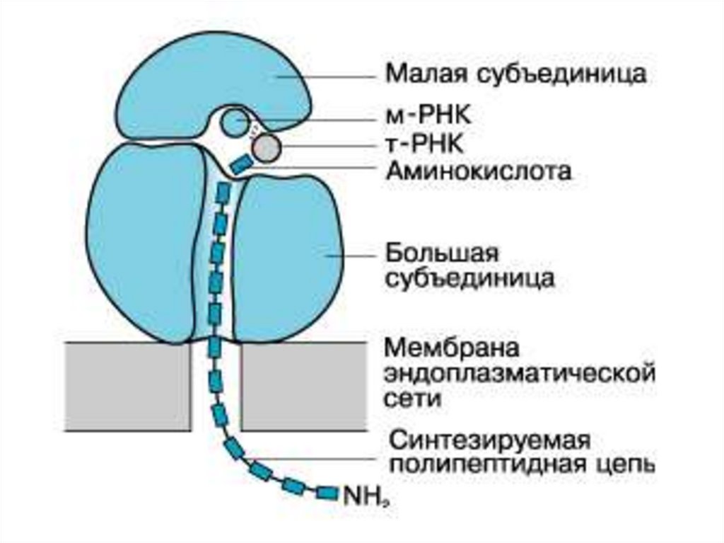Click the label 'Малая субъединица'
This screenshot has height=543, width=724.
[515, 74]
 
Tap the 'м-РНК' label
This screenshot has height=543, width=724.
[424, 114]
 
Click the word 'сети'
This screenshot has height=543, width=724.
[413, 398]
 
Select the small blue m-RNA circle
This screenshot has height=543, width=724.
[233, 122]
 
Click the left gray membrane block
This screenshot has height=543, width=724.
[127, 386]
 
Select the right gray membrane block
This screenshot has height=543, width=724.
[304, 386]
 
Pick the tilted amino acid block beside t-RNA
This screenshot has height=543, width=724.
[240, 164]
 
